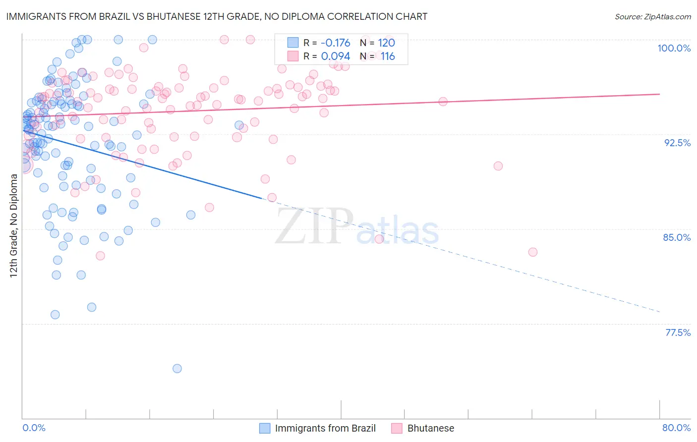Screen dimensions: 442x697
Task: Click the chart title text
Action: tap(216, 16)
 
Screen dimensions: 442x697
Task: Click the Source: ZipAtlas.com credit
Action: tap(652, 16)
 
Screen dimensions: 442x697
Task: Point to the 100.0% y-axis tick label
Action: tap(674, 48)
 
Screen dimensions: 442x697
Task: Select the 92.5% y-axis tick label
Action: tap(677, 143)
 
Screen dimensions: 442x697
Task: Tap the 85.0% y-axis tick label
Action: tap(677, 237)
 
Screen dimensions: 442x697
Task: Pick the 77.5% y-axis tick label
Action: tap(677, 332)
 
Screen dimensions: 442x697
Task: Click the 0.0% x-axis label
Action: tap(34, 428)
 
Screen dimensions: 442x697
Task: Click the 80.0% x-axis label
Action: tap(676, 428)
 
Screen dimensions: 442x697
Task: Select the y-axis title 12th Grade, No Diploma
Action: tap(14, 225)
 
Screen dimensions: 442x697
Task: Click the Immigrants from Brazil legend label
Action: tap(325, 428)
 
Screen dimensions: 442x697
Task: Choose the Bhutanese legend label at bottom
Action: tap(430, 428)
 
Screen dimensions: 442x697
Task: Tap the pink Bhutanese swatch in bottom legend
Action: tap(397, 428)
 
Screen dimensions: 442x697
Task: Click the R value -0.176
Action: tap(335, 43)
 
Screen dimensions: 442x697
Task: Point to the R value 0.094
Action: tap(335, 56)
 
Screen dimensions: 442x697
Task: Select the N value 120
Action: tap(386, 43)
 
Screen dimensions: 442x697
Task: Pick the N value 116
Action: tap(388, 56)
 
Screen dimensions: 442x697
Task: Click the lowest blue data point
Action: tap(177, 368)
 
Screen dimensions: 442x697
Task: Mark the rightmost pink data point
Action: tap(533, 252)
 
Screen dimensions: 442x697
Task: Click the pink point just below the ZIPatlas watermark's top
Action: tap(379, 239)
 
